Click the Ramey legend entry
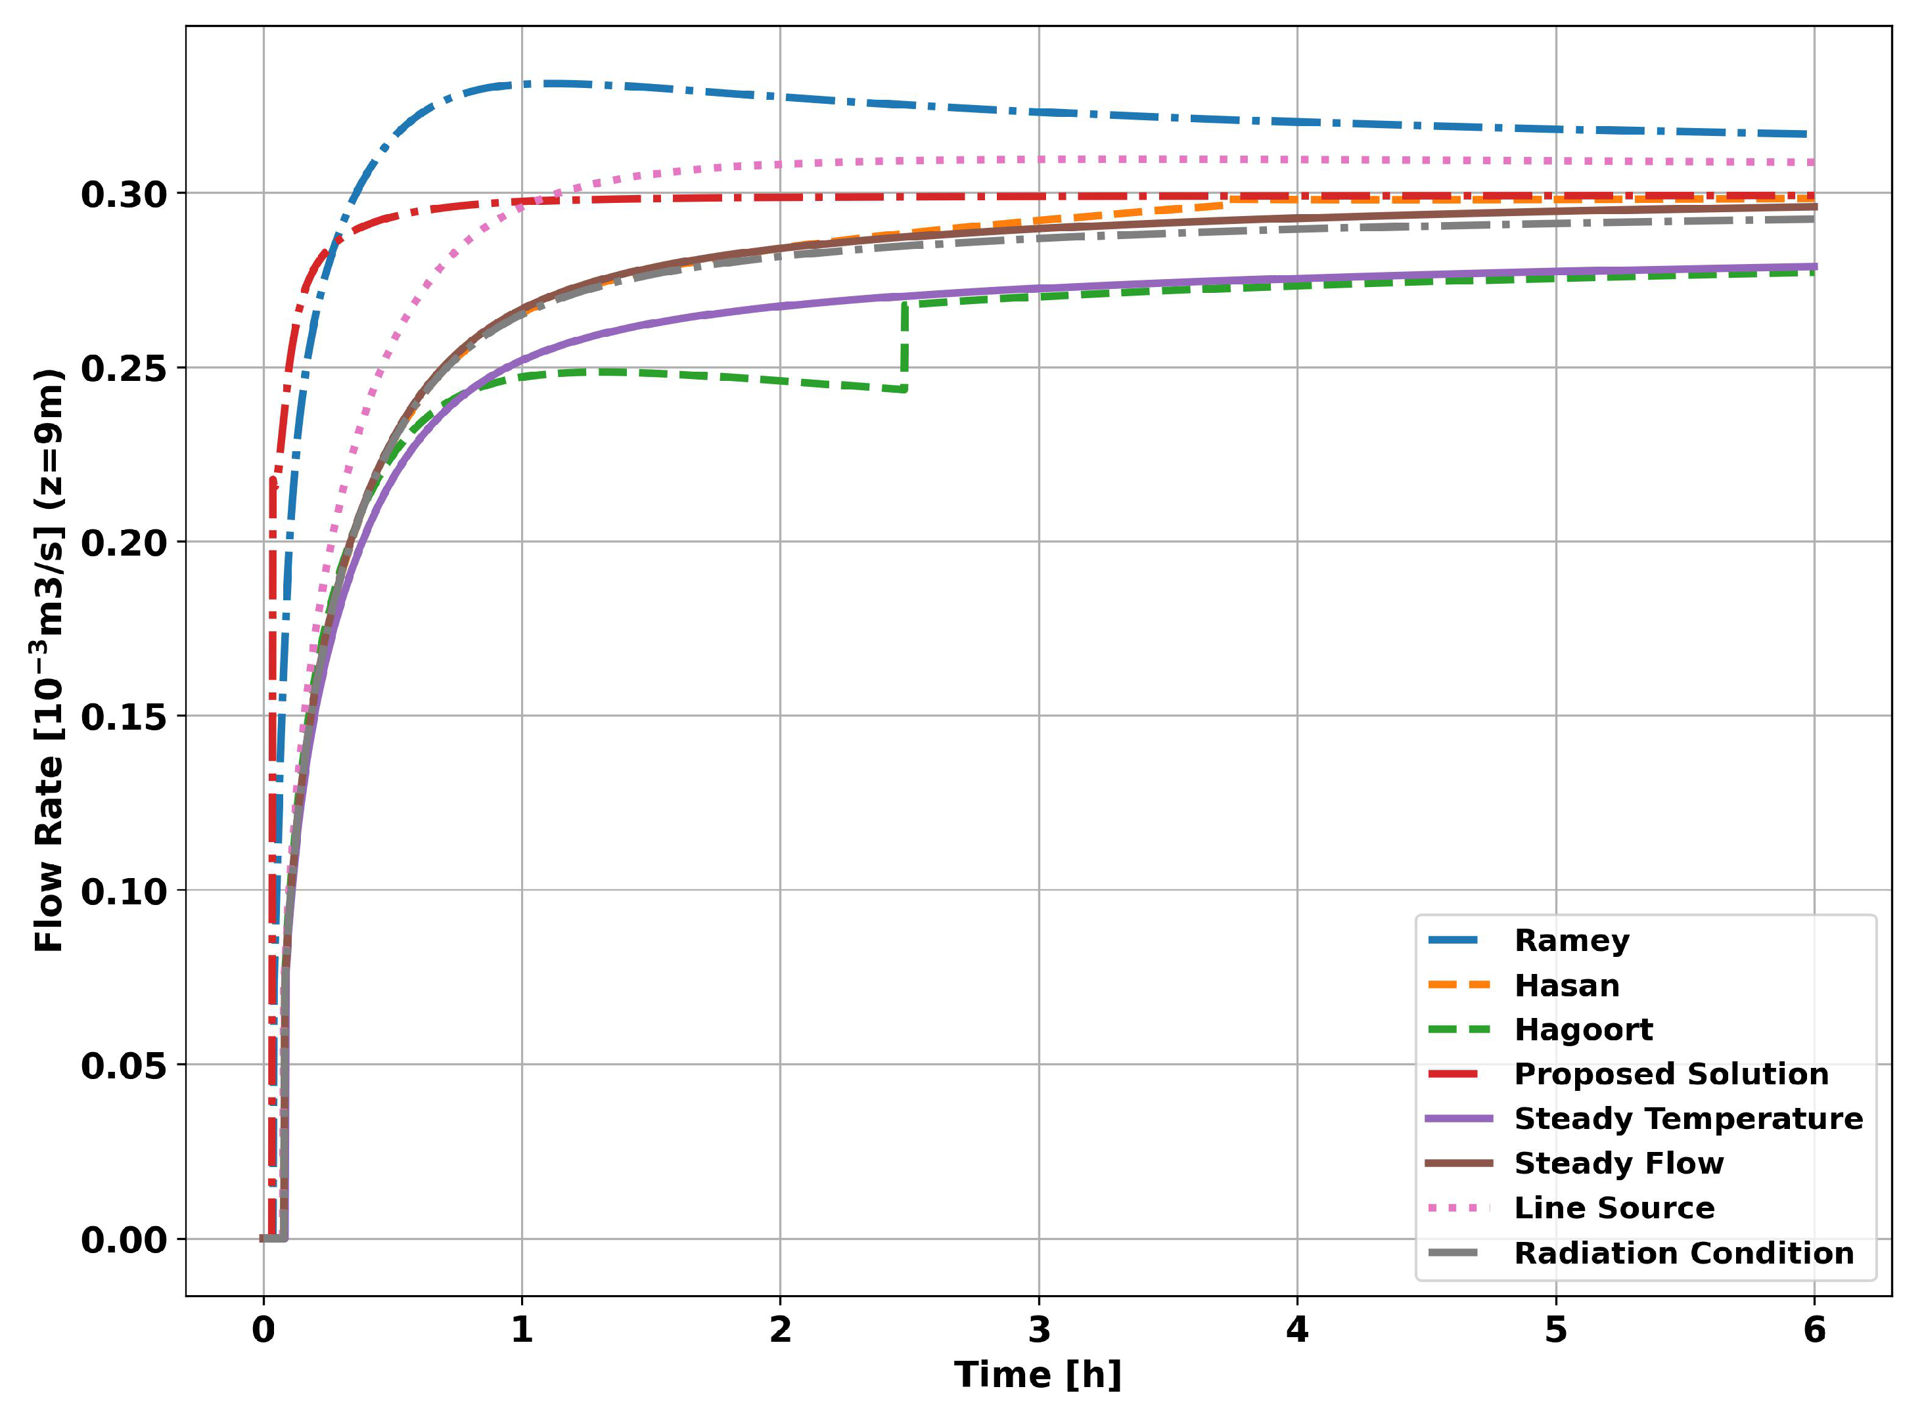(1571, 940)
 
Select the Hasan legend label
(1566, 985)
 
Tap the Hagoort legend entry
(1582, 1030)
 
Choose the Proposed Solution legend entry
(1670, 1074)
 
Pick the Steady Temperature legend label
(1687, 1118)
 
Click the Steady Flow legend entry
(1618, 1163)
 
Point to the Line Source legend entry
(1614, 1208)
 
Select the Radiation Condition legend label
(1683, 1253)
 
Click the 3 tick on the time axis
(1039, 1330)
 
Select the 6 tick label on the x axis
(1814, 1330)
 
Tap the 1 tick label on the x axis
(522, 1330)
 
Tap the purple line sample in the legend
(1459, 1118)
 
